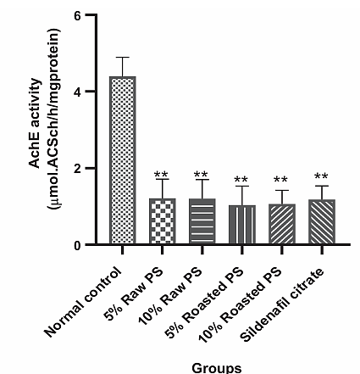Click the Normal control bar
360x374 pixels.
pyautogui.click(x=123, y=160)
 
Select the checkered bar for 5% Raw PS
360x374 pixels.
pyautogui.click(x=163, y=221)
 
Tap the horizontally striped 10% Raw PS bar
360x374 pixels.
pyautogui.click(x=202, y=221)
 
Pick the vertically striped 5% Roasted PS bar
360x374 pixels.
pyautogui.click(x=242, y=225)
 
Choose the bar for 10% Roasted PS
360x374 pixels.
pyautogui.click(x=282, y=224)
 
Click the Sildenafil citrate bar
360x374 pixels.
pyautogui.click(x=322, y=221)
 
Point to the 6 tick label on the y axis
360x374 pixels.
pyautogui.click(x=78, y=15)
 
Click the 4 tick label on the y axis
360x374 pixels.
pyautogui.click(x=77, y=92)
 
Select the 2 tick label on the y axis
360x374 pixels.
pyautogui.click(x=78, y=168)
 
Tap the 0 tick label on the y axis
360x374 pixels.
pyautogui.click(x=78, y=245)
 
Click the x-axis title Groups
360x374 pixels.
pyautogui.click(x=217, y=368)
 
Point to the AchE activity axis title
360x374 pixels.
pyautogui.click(x=35, y=124)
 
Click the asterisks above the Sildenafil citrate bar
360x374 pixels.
pyautogui.click(x=321, y=176)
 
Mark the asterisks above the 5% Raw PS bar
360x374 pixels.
pyautogui.click(x=162, y=175)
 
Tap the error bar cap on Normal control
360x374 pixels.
pyautogui.click(x=122, y=58)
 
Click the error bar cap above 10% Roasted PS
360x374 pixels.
pyautogui.click(x=281, y=190)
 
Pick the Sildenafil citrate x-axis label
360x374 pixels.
pyautogui.click(x=282, y=304)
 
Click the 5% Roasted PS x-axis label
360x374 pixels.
pyautogui.click(x=203, y=303)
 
